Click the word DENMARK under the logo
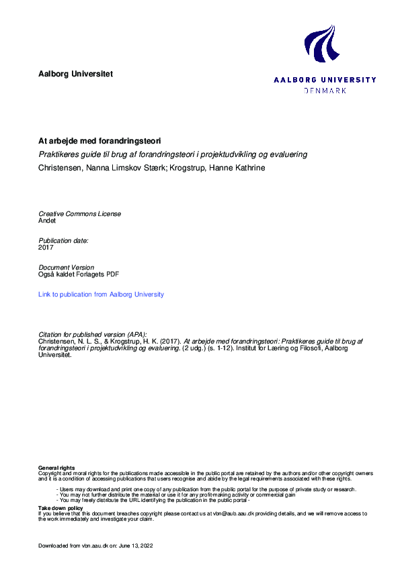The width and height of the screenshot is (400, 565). click(x=325, y=90)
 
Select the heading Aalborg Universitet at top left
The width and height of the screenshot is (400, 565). click(x=76, y=74)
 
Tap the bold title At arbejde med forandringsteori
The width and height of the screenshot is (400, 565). click(x=99, y=142)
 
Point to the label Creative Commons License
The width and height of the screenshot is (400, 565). click(x=80, y=213)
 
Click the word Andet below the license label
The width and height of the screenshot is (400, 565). click(x=48, y=220)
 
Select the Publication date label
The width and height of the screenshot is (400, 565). click(x=63, y=240)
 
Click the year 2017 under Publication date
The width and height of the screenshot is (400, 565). click(x=46, y=247)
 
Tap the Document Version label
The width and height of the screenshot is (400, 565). click(x=66, y=267)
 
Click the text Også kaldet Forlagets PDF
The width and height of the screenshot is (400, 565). click(x=79, y=274)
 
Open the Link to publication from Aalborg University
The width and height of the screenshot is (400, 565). click(x=101, y=294)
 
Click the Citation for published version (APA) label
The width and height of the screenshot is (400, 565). click(x=92, y=334)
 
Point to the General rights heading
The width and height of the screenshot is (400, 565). click(x=56, y=467)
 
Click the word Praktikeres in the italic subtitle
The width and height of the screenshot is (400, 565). click(x=59, y=154)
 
